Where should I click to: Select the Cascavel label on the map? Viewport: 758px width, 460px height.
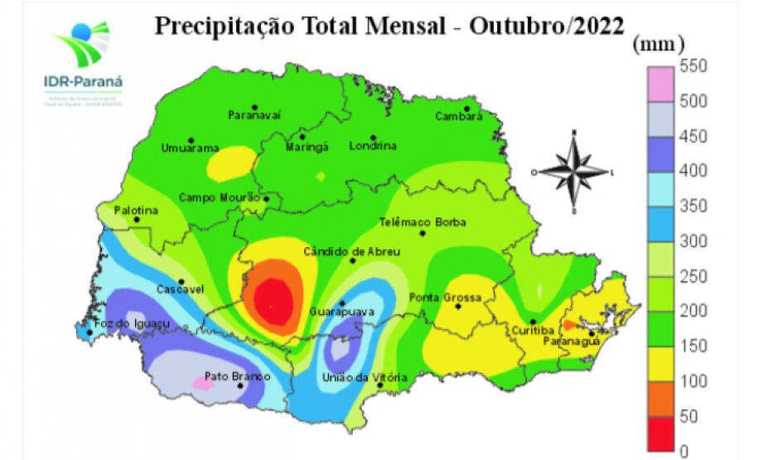click(180, 290)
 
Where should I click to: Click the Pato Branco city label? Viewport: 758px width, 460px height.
click(238, 377)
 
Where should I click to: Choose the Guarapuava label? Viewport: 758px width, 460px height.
click(341, 312)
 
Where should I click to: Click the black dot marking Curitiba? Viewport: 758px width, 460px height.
click(533, 322)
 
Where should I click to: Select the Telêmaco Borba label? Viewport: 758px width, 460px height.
click(422, 222)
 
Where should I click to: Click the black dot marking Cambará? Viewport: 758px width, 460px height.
click(466, 109)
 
